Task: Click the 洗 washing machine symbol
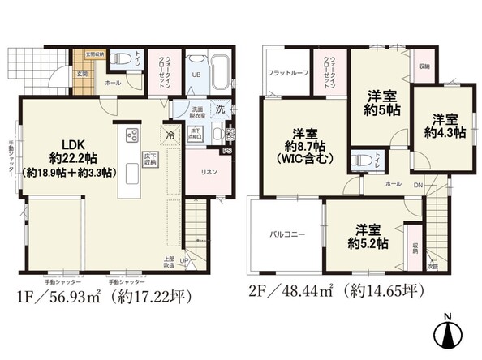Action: (219, 109)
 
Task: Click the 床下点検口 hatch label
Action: (196, 134)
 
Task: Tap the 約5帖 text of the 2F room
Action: (380, 109)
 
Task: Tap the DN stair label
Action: (419, 185)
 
